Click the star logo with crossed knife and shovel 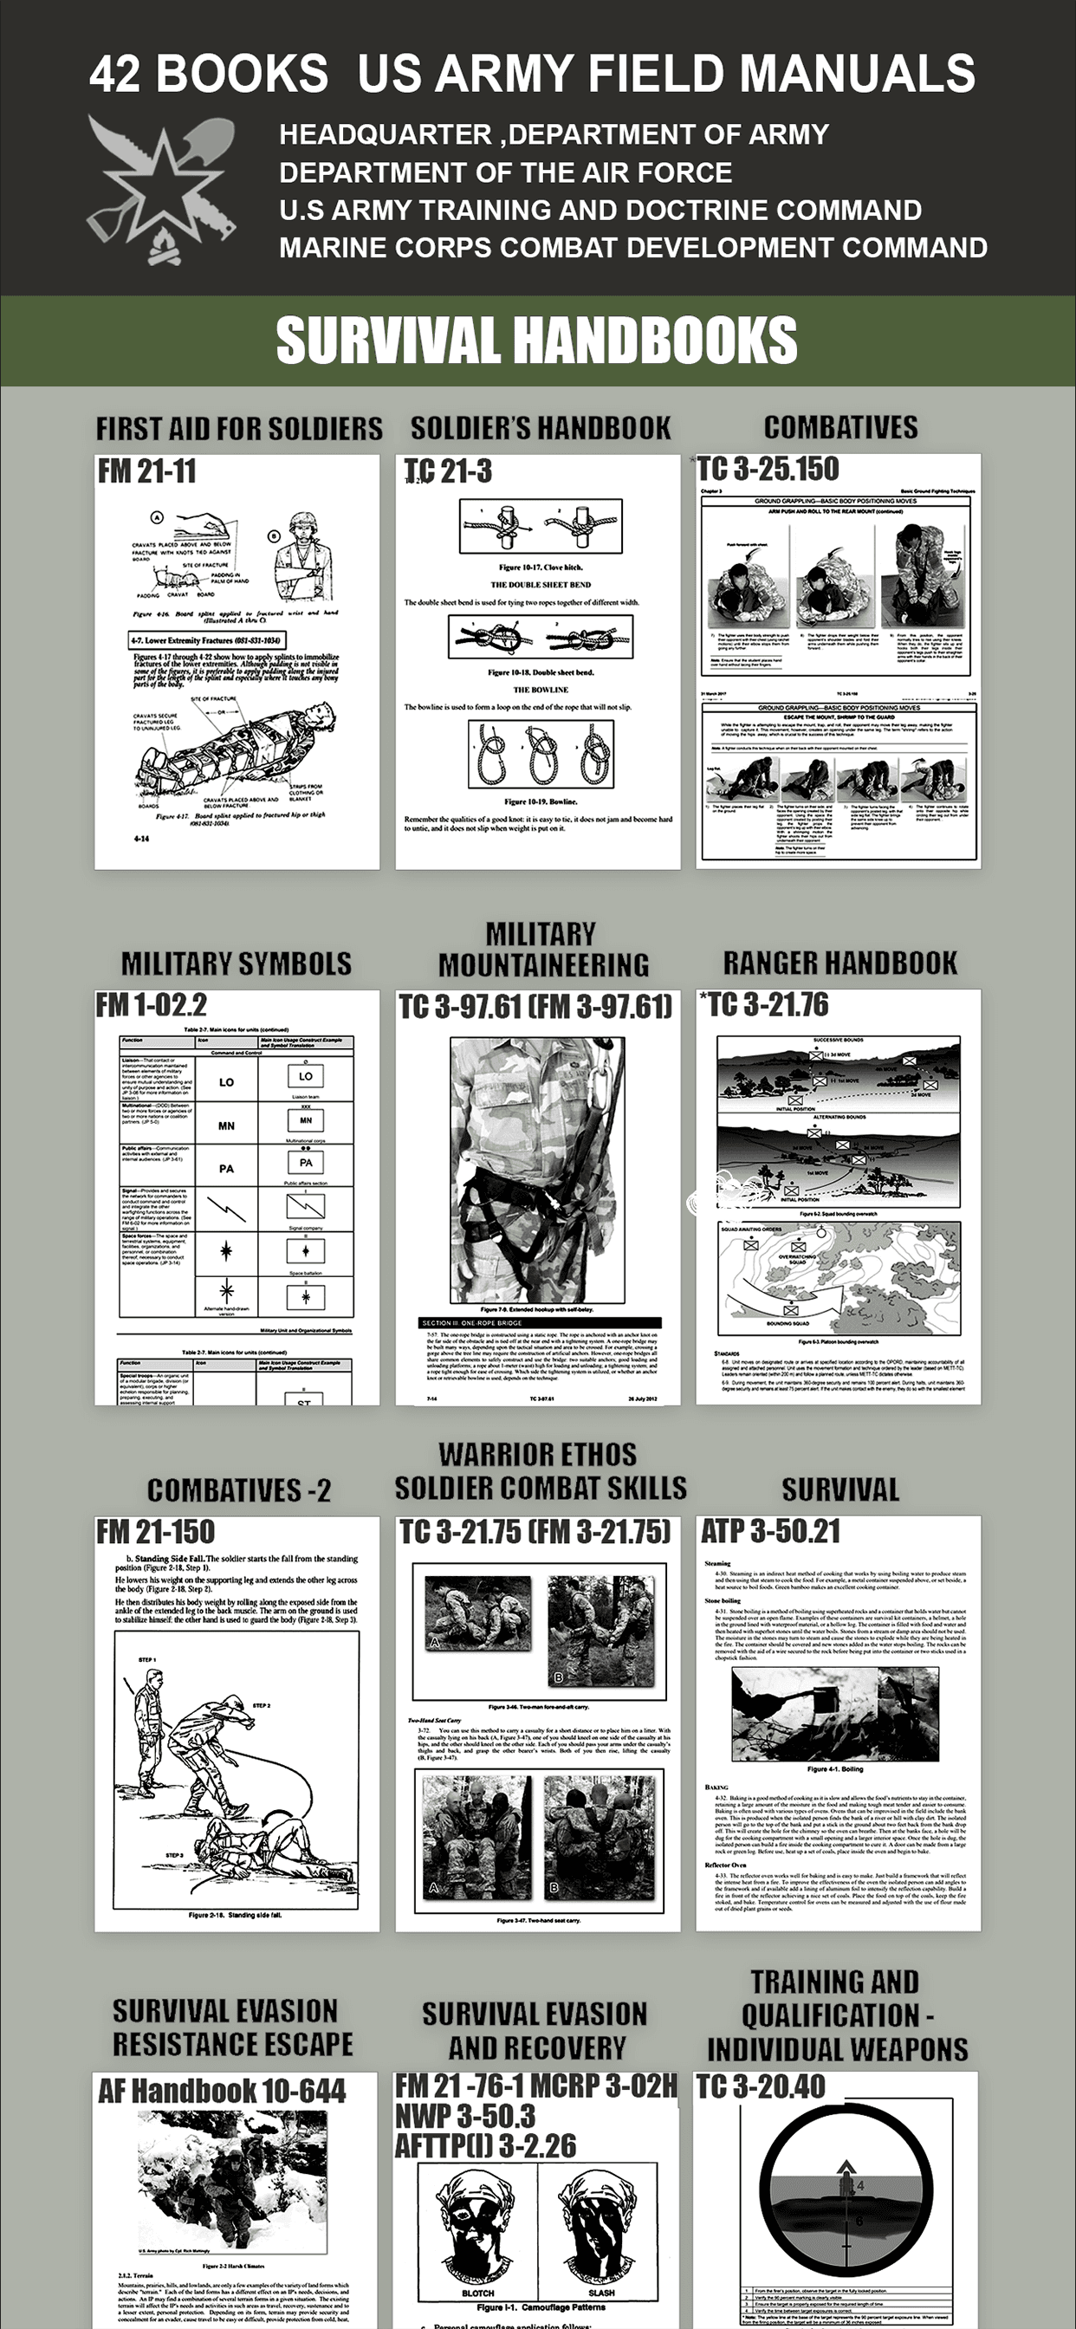(x=163, y=190)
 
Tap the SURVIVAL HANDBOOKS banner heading (x=536, y=340)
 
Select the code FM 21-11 (x=147, y=471)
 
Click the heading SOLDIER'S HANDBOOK (x=541, y=428)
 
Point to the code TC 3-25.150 (x=768, y=469)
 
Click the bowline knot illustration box (x=541, y=755)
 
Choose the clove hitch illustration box (x=541, y=526)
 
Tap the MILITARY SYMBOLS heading (x=236, y=963)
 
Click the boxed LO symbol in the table (x=306, y=1076)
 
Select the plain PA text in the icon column (x=226, y=1169)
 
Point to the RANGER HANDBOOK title (x=840, y=963)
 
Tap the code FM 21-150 (x=157, y=1533)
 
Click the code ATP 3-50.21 (x=771, y=1532)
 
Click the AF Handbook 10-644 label (x=223, y=2092)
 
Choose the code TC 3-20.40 (x=762, y=2086)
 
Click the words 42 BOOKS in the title (x=208, y=75)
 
